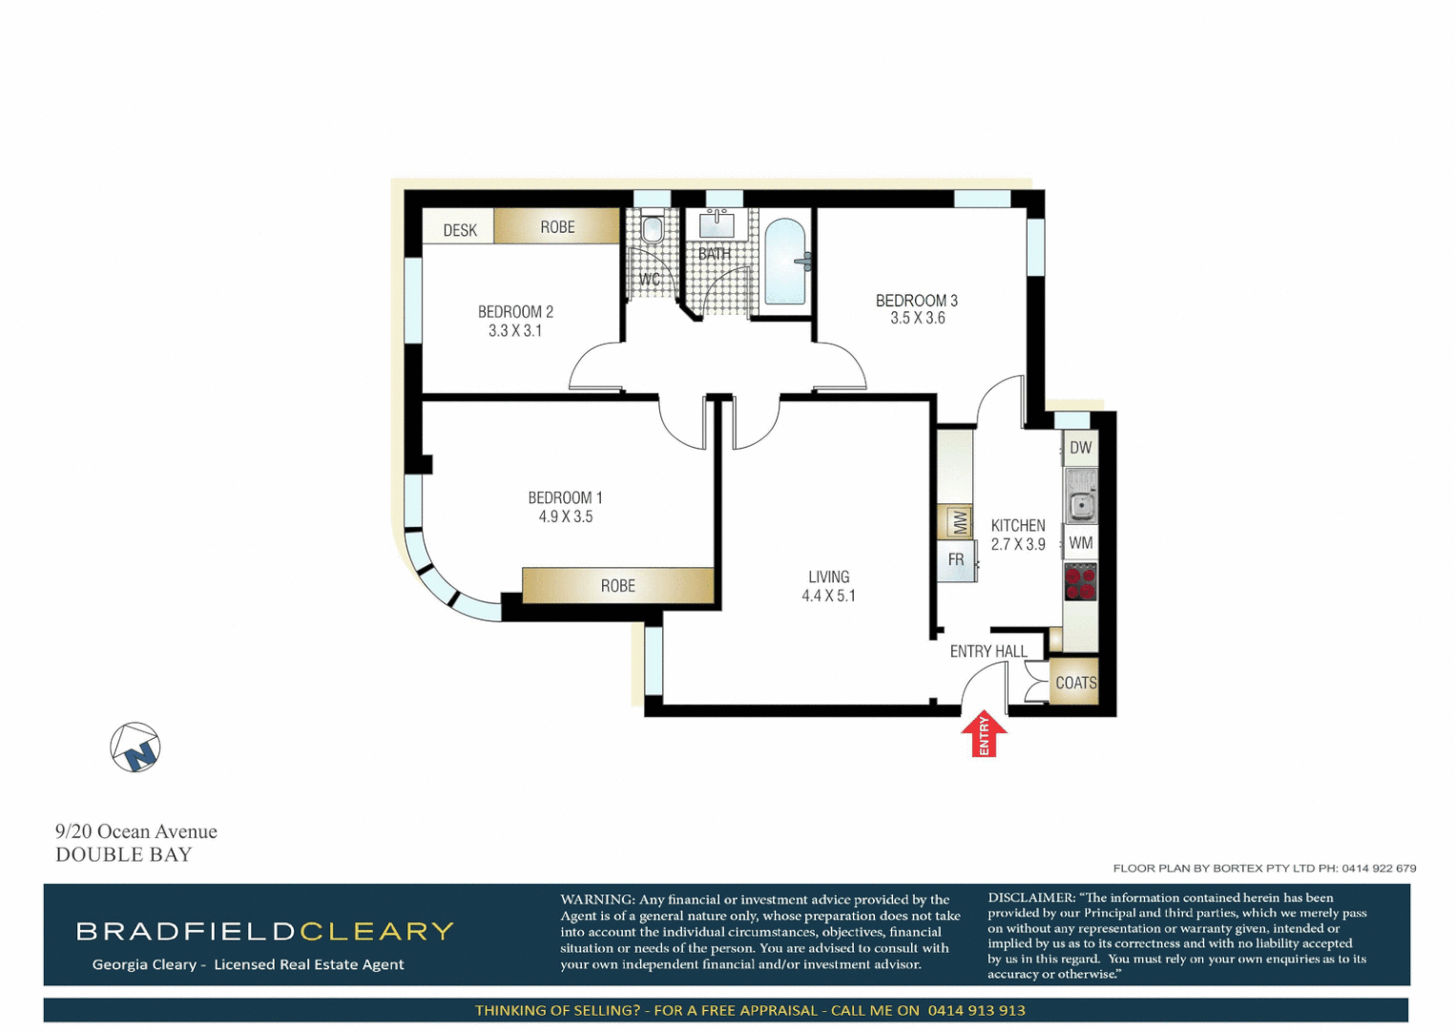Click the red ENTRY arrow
[x=983, y=735]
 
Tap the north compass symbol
[x=135, y=747]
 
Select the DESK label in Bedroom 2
[x=459, y=230]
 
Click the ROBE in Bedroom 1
[x=617, y=585]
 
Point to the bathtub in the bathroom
[x=785, y=263]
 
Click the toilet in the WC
[x=653, y=229]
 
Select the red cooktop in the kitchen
[x=1080, y=581]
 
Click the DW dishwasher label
[x=1080, y=448]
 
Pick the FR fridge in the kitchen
[x=956, y=560]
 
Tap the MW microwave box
[x=958, y=521]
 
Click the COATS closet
[x=1075, y=683]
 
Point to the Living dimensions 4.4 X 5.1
[x=828, y=596]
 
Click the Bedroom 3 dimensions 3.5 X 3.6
[x=917, y=318]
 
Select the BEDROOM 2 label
[x=515, y=311]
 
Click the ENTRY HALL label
[x=988, y=651]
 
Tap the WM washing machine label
[x=1080, y=543]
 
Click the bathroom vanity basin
[x=717, y=225]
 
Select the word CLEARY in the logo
[x=377, y=931]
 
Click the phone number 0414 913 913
[x=976, y=1010]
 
